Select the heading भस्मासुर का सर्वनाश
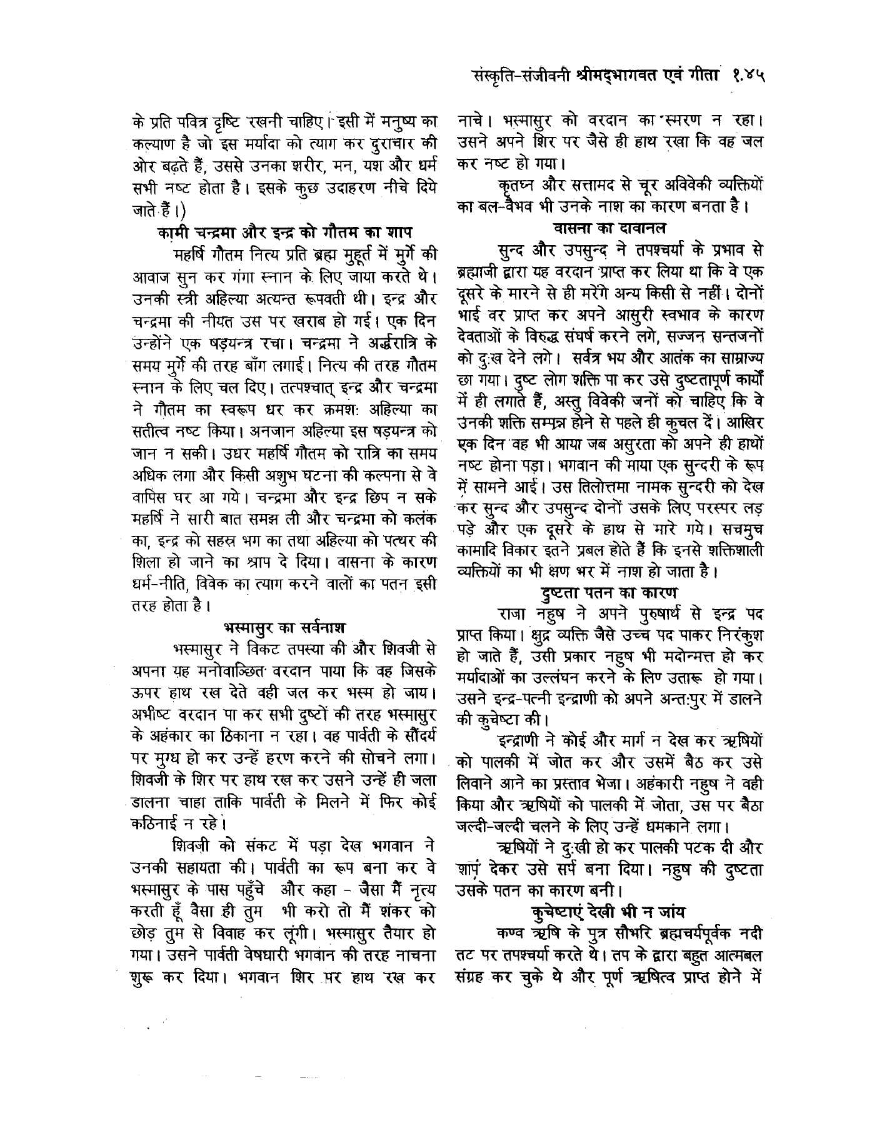(x=284, y=627)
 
